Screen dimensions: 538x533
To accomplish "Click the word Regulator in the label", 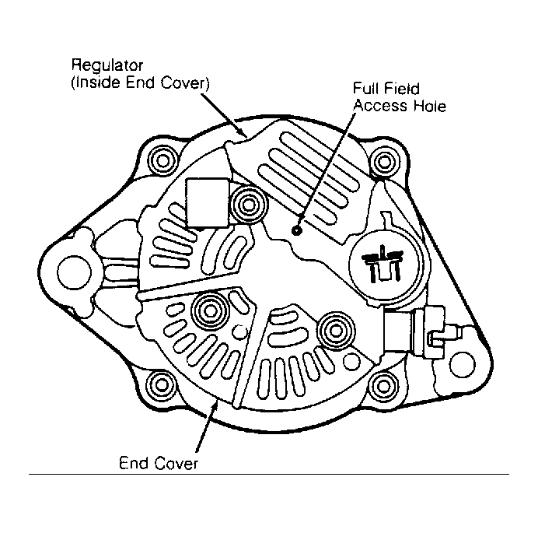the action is [x=107, y=65].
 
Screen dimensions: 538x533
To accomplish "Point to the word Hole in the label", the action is [x=430, y=105].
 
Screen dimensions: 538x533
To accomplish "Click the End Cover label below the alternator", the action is [x=159, y=463].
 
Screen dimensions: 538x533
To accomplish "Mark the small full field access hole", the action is [x=296, y=230].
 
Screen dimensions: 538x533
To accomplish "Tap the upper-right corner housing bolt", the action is [x=384, y=161].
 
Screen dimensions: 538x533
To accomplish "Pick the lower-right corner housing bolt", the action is [x=384, y=387].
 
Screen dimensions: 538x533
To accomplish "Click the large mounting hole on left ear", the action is [x=75, y=272].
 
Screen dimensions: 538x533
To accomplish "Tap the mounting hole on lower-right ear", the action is [x=462, y=364].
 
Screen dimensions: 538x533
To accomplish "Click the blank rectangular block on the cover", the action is [x=208, y=203].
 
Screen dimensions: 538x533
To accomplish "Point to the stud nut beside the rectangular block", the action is [x=248, y=205].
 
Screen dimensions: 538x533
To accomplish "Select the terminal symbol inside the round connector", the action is [x=383, y=263].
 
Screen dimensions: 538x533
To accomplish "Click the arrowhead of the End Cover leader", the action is [x=215, y=406].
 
